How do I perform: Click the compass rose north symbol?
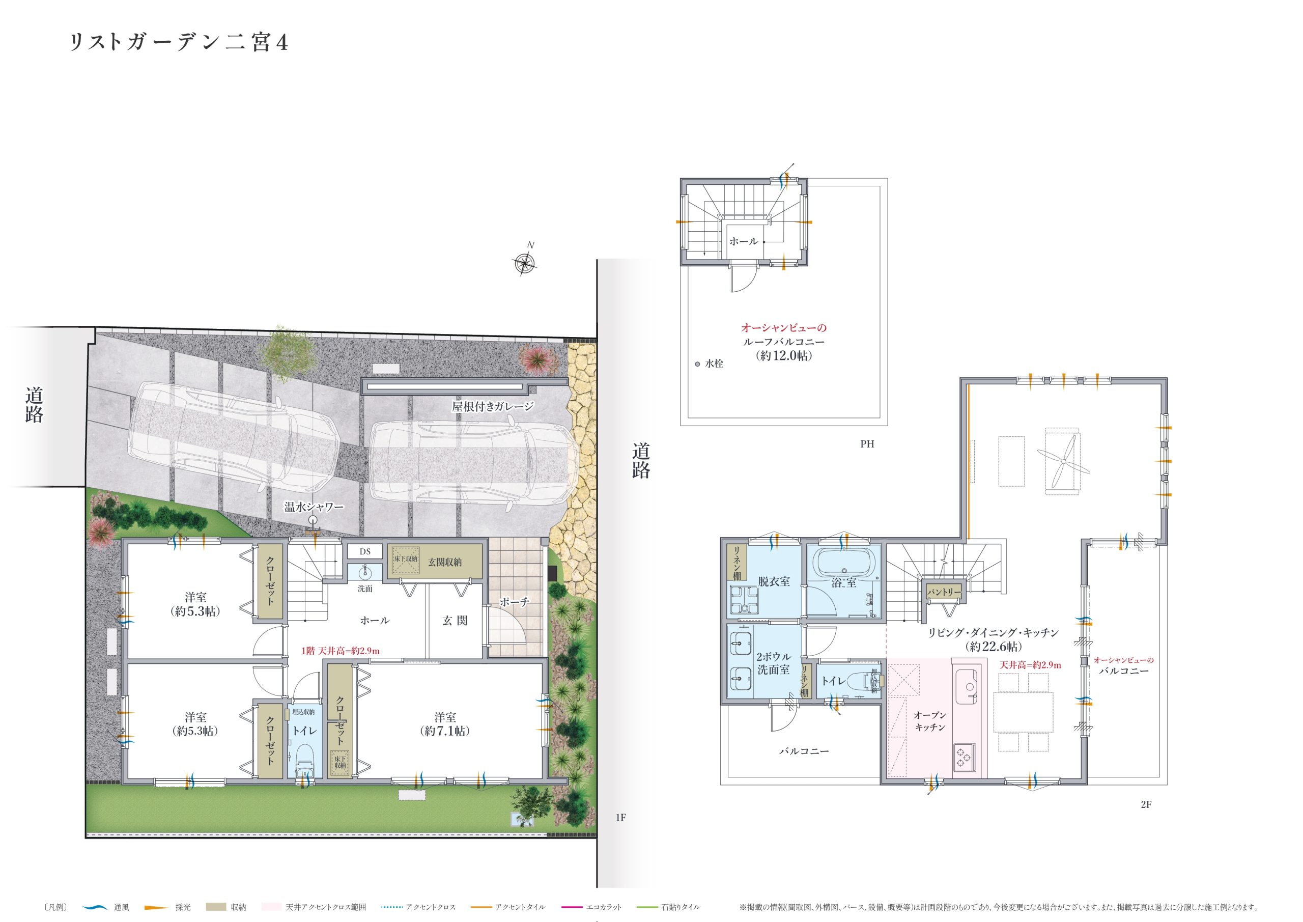(x=525, y=262)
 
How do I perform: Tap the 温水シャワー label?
(x=314, y=507)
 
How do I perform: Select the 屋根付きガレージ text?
(x=493, y=406)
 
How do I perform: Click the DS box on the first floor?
(x=365, y=551)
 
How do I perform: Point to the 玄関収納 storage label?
(x=444, y=562)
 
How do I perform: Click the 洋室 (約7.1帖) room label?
(x=445, y=724)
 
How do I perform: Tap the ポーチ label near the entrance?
(x=514, y=602)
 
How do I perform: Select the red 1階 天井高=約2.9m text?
(x=341, y=651)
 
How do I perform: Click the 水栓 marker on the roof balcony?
(x=698, y=364)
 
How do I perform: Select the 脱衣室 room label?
(x=774, y=581)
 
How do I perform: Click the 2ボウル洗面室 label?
(x=773, y=663)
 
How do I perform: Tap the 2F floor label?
(x=1146, y=804)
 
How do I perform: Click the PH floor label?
(x=867, y=444)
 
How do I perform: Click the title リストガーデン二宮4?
(x=179, y=43)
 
